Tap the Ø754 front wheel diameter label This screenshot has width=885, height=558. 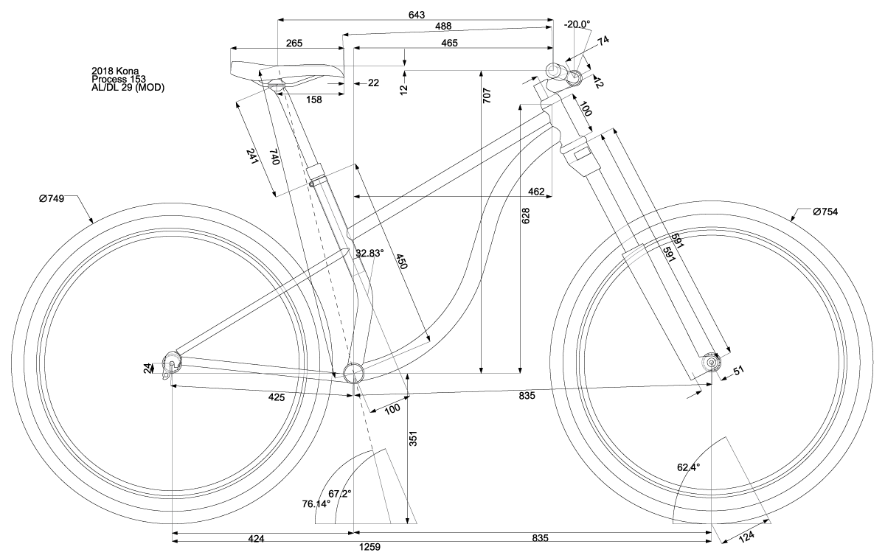pos(825,212)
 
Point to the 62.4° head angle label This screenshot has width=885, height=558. pos(688,467)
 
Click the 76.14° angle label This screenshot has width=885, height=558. pos(316,504)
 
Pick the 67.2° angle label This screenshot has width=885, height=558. pos(340,493)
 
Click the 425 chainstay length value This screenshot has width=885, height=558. pos(276,397)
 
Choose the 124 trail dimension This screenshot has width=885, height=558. pos(746,536)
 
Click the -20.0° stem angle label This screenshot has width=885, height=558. pos(577,24)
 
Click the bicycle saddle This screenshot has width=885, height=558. pos(285,72)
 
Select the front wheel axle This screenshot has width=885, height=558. pos(712,362)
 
